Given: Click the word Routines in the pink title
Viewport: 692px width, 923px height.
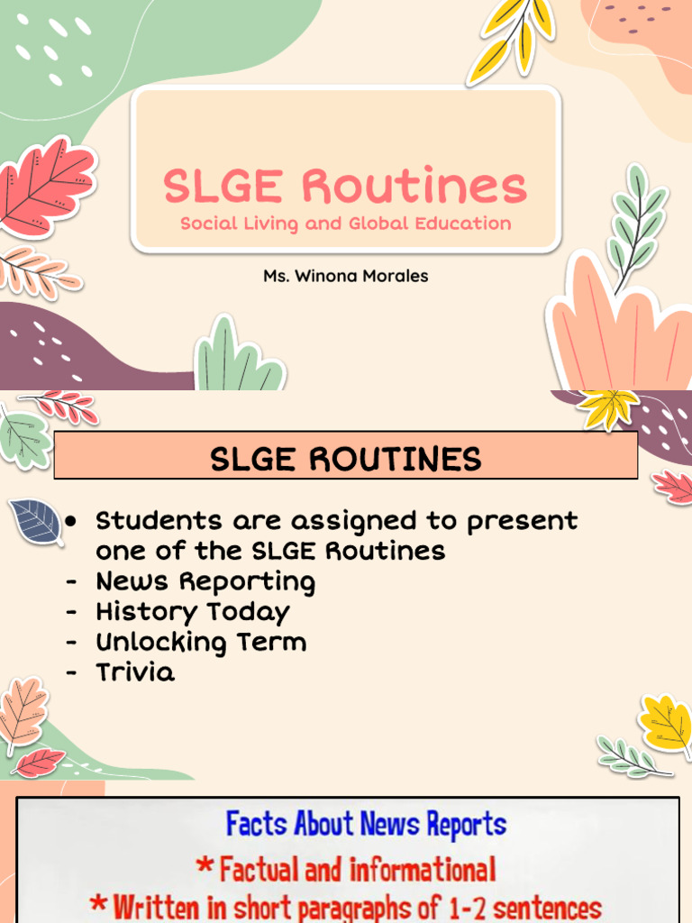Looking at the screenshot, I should pos(414,187).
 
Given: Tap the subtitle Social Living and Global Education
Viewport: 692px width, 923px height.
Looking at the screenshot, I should pos(345,224).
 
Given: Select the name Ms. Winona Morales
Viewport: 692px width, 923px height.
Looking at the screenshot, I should pos(345,276).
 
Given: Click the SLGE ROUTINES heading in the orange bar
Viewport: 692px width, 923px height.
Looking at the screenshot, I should pos(345,460).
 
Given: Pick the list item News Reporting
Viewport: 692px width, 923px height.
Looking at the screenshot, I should pos(205,582).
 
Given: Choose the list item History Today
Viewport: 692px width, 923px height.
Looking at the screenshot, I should pos(193,613).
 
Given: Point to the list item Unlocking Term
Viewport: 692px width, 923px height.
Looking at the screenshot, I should pos(201,643).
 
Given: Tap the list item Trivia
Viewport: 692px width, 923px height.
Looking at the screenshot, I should pos(135,673).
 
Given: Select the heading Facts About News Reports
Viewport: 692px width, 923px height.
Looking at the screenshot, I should pos(366,824).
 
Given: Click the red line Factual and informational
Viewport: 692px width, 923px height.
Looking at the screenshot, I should pos(346,870).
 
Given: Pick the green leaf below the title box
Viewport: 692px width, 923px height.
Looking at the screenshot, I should pos(237,356).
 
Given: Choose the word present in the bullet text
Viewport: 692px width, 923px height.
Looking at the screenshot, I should pos(525,522).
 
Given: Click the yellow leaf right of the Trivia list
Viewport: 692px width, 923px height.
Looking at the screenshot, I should pos(668,723).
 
